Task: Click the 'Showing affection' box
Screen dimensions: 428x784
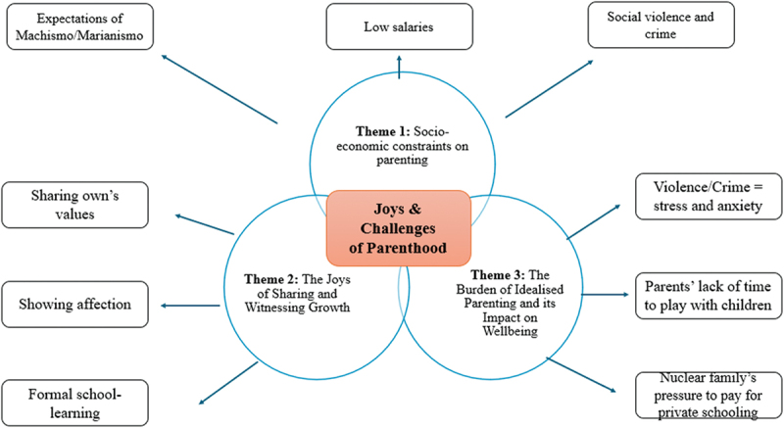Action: click(74, 304)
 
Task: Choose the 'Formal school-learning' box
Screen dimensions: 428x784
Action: click(74, 402)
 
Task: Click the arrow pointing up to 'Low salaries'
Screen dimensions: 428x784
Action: click(400, 67)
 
